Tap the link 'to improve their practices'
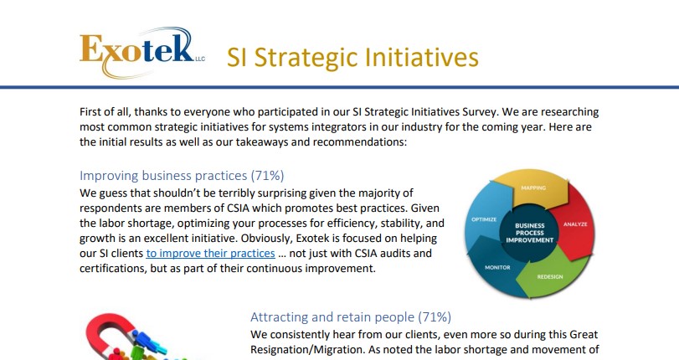pyautogui.click(x=210, y=253)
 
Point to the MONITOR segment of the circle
pyautogui.click(x=498, y=265)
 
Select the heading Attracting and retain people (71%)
pyautogui.click(x=350, y=317)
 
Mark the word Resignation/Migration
pyautogui.click(x=306, y=350)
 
